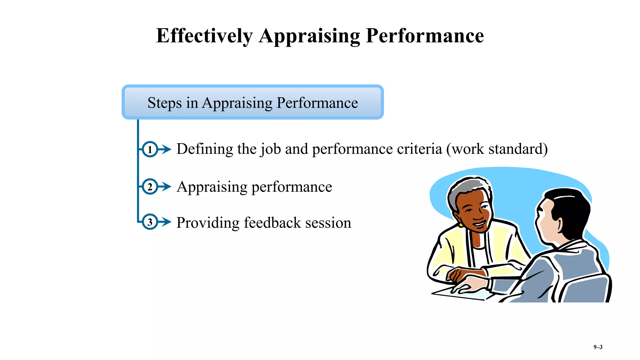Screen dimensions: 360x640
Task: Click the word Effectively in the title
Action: click(204, 36)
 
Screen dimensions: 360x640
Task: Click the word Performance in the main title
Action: click(425, 36)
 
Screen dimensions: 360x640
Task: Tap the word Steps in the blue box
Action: click(164, 103)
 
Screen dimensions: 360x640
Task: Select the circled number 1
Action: click(150, 149)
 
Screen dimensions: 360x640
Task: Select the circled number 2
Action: click(150, 187)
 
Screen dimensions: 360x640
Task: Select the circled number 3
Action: click(150, 222)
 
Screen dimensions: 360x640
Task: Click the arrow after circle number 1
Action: click(165, 149)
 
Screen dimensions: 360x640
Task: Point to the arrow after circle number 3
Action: click(165, 222)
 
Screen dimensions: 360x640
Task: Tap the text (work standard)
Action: click(497, 149)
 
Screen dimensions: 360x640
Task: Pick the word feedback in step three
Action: click(272, 223)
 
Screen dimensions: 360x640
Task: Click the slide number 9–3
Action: click(598, 347)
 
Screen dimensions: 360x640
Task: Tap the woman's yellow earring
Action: click(461, 224)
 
